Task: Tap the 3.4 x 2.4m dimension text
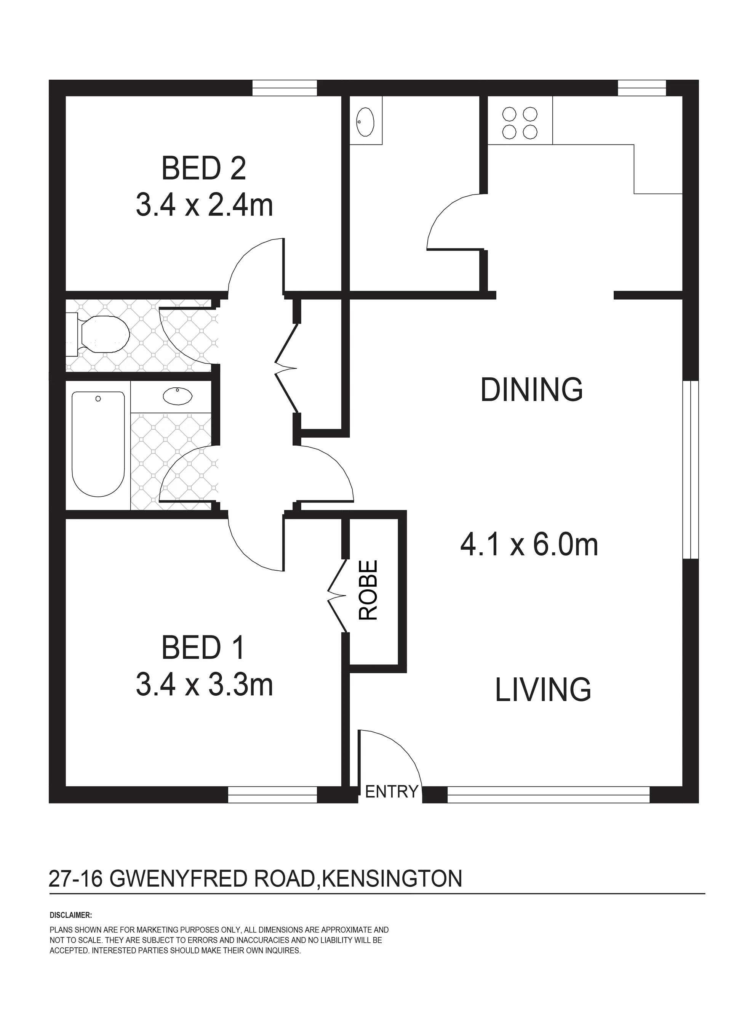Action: click(205, 205)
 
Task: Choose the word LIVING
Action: click(543, 690)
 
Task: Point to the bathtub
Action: click(98, 444)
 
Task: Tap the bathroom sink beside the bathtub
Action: click(178, 396)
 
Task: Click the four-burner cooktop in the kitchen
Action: click(520, 123)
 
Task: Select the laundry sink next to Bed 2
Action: click(365, 122)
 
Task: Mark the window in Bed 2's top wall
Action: click(284, 88)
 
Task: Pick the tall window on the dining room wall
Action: click(691, 470)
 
